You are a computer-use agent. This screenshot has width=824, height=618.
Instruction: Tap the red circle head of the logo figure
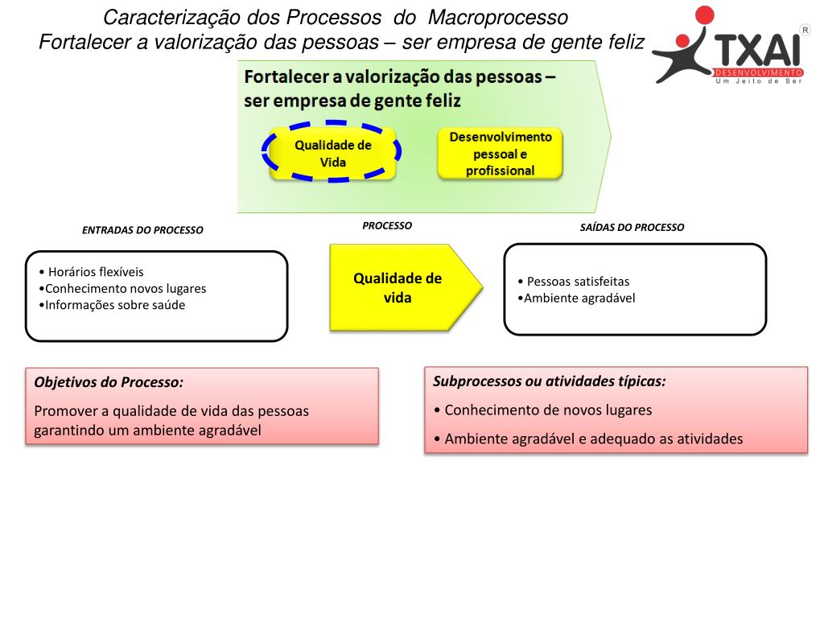(704, 17)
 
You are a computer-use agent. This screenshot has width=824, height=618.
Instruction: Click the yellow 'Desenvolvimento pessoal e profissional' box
(499, 153)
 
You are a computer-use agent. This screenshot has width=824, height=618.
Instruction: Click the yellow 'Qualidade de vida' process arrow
(399, 287)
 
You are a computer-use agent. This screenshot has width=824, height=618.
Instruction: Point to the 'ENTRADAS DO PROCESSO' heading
(142, 230)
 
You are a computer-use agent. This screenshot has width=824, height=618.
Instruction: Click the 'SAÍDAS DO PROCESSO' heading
(632, 227)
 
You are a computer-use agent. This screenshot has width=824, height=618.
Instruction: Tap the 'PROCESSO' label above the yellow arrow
(386, 226)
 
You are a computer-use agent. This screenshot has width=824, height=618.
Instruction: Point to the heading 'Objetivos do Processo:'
(109, 382)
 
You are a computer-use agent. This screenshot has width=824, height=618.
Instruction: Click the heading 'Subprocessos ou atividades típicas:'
(550, 381)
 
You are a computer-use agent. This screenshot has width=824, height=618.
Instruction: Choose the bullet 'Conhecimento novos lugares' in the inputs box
(125, 288)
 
